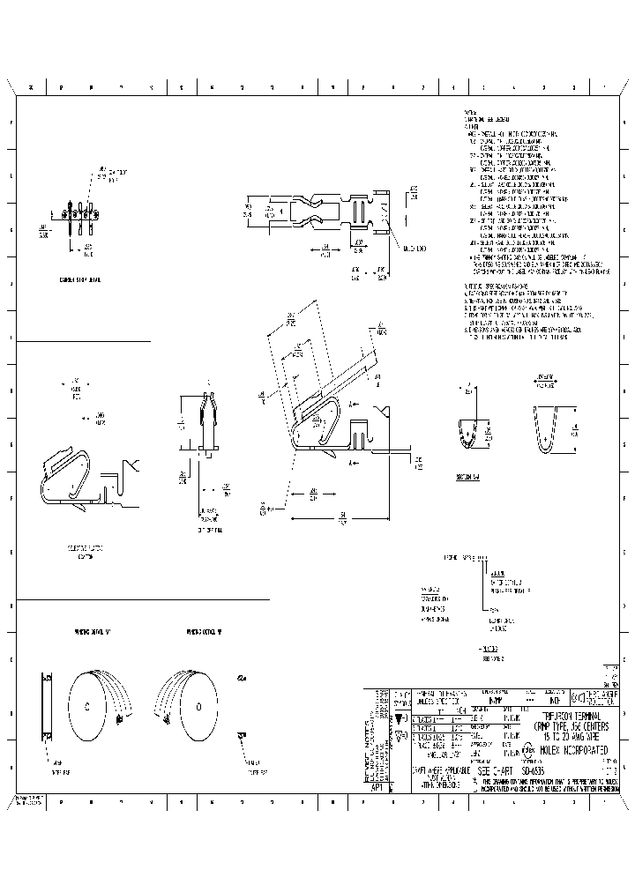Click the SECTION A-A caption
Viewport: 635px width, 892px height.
[x=467, y=476]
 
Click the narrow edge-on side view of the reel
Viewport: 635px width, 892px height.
[x=48, y=705]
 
